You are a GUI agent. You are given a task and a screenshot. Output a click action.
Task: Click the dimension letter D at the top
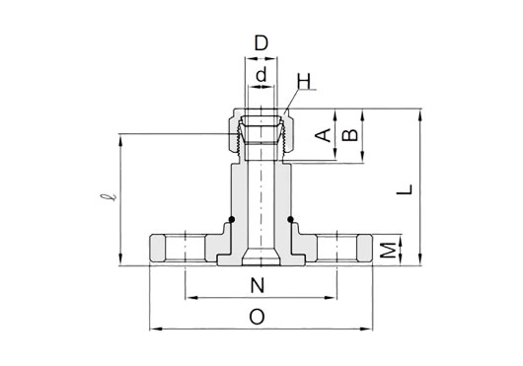click(261, 43)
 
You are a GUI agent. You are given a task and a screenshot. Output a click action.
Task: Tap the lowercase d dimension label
click(261, 74)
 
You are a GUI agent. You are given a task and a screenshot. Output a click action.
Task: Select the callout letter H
click(304, 82)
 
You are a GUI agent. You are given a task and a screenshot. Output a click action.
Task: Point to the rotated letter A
click(323, 135)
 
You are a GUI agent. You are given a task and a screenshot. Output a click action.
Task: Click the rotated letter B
click(350, 135)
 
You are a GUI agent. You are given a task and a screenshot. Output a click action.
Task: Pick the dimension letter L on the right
click(405, 189)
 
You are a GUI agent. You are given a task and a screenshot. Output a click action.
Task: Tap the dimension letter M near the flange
click(388, 251)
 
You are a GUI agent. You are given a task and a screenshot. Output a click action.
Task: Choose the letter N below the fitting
click(258, 285)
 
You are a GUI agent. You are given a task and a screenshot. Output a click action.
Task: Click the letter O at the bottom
click(257, 317)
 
